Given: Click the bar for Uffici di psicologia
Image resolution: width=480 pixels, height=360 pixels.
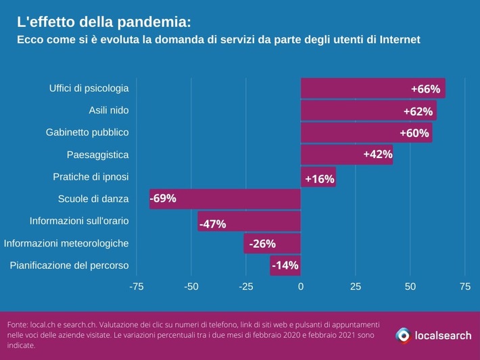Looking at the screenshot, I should click(x=373, y=88).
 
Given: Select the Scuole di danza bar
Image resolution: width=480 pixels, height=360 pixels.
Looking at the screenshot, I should click(x=224, y=199).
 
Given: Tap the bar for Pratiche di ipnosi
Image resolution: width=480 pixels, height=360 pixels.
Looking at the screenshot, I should click(x=318, y=177).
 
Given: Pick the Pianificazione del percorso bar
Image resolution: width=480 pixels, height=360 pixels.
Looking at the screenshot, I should click(x=285, y=265).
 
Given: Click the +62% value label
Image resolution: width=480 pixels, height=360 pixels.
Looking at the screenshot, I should click(x=418, y=111).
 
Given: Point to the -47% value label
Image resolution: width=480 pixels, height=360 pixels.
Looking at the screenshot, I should click(x=212, y=224).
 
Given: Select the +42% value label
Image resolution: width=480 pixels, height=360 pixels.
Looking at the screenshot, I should click(x=377, y=155).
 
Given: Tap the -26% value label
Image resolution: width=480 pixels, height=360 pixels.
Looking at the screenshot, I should click(x=262, y=244).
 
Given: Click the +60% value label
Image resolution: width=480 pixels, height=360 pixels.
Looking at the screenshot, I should click(x=414, y=133).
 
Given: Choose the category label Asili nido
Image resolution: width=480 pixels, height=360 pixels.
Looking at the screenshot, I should click(x=109, y=110).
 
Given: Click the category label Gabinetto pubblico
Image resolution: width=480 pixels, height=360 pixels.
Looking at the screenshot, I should click(x=87, y=132).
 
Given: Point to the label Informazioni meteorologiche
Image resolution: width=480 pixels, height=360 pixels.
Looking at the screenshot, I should click(x=66, y=243).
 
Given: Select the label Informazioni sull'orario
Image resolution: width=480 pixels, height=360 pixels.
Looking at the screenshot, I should click(x=79, y=221).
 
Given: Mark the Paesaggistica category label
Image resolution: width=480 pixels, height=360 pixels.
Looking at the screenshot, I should click(x=97, y=155).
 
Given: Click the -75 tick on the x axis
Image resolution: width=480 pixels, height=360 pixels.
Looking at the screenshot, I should click(x=137, y=287).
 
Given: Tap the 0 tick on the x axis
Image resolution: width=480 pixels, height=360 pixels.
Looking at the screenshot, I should click(x=301, y=287).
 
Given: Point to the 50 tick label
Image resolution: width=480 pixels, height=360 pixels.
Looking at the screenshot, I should click(x=410, y=287).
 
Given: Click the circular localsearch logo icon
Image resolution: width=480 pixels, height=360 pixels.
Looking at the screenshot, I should click(x=403, y=335).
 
